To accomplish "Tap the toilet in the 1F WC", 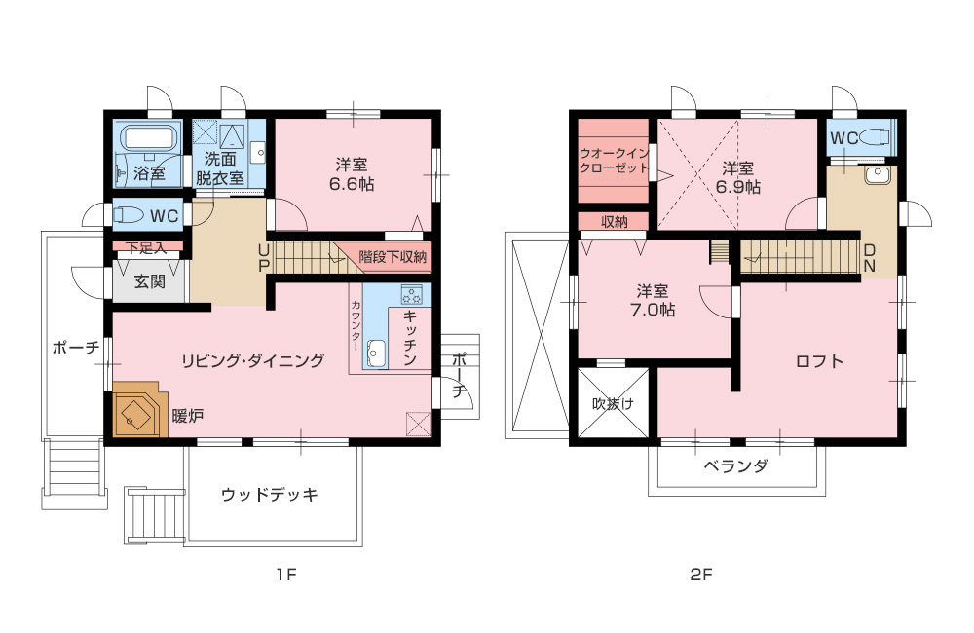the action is click(128, 215).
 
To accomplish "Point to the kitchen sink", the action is click(376, 354).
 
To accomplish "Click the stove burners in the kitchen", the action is click(411, 294).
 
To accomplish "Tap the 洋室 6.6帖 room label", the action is click(352, 174).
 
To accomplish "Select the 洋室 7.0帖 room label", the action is click(653, 300).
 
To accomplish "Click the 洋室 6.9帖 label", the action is click(738, 177).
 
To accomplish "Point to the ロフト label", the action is click(819, 361).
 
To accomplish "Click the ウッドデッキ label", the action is click(270, 495).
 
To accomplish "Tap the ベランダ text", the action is click(736, 465).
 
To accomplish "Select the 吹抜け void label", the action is click(613, 404).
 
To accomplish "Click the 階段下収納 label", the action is click(393, 256).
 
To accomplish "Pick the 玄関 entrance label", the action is click(150, 281).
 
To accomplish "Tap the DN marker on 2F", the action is click(870, 258).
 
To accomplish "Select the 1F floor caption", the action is click(287, 576).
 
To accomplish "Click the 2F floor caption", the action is click(701, 576).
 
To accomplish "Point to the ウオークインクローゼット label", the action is click(614, 161).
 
